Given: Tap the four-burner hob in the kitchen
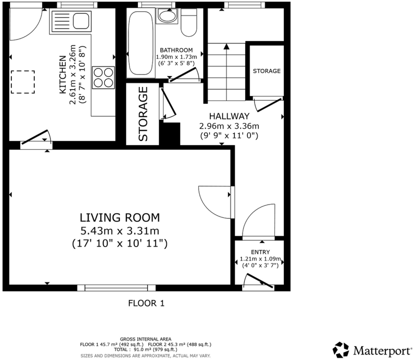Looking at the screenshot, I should pyautogui.click(x=103, y=78).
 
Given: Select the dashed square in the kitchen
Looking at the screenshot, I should pyautogui.click(x=23, y=82).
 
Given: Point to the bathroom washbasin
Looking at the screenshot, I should pyautogui.click(x=167, y=16).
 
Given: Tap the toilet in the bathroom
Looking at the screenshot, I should pyautogui.click(x=189, y=23).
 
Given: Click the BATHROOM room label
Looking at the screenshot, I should pyautogui.click(x=176, y=50).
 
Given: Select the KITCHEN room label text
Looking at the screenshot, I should pyautogui.click(x=63, y=75).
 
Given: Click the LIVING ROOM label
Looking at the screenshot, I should pyautogui.click(x=120, y=218).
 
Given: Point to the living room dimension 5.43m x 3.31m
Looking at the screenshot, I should pyautogui.click(x=120, y=231).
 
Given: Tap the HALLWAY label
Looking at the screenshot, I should pyautogui.click(x=229, y=116).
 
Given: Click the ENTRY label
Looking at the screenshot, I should pyautogui.click(x=260, y=252).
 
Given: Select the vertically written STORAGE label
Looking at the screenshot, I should pyautogui.click(x=143, y=114).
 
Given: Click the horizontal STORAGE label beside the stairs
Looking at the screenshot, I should pyautogui.click(x=267, y=71).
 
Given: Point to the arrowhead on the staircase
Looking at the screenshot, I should pyautogui.click(x=226, y=46).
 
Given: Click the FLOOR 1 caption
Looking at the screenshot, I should pyautogui.click(x=146, y=303).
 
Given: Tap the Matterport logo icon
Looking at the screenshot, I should pyautogui.click(x=341, y=350).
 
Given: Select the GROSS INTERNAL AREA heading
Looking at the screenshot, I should pyautogui.click(x=145, y=339).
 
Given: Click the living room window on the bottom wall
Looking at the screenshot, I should pyautogui.click(x=116, y=288).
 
